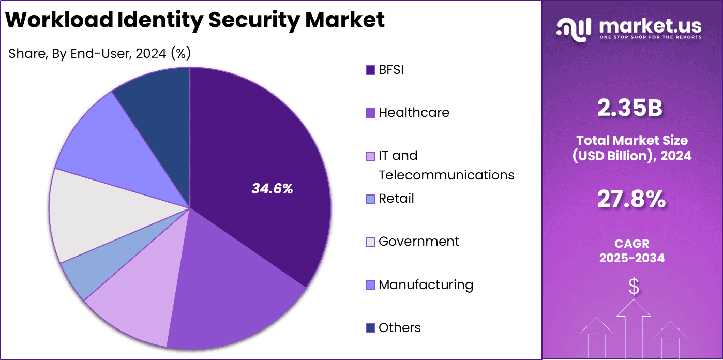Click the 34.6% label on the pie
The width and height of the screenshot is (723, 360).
pos(272,189)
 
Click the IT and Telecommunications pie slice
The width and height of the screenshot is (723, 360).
pos(137,305)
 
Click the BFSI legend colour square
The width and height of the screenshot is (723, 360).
pos(370,70)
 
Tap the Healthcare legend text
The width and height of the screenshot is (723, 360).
pos(414,113)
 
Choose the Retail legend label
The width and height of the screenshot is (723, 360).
pos(396,199)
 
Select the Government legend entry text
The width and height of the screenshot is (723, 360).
pos(418,242)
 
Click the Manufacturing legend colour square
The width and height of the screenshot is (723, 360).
pos(370,285)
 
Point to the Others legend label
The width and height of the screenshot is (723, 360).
pos(399,328)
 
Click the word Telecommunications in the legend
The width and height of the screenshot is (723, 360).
pos(446,175)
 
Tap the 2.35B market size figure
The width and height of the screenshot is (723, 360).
pos(630,108)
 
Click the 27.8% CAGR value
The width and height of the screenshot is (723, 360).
pos(631,199)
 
